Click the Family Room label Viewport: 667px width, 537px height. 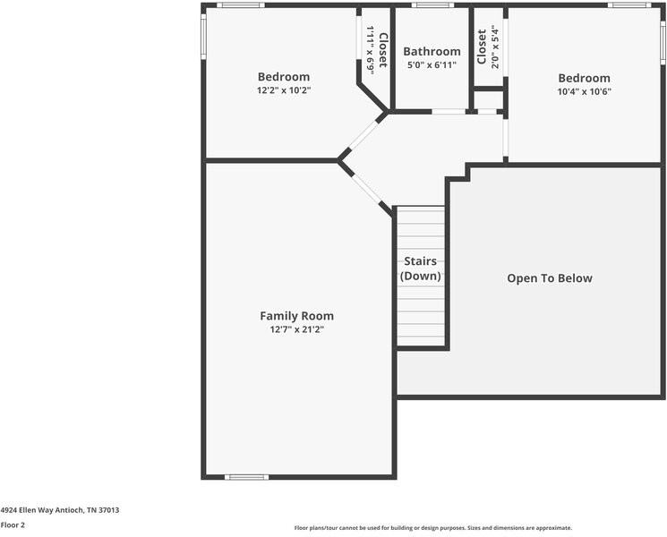click(296, 316)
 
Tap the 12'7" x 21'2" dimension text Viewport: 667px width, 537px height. click(296, 329)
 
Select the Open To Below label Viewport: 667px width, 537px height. click(549, 278)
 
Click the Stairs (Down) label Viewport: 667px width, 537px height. click(421, 268)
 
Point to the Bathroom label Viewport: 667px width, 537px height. click(432, 52)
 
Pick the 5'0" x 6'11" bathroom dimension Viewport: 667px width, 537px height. click(432, 65)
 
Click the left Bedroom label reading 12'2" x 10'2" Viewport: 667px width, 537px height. click(284, 77)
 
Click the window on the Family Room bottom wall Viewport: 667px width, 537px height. click(247, 477)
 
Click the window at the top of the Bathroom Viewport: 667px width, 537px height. click(432, 5)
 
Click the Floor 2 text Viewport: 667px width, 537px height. click(13, 525)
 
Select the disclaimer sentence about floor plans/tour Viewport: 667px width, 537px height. click(432, 528)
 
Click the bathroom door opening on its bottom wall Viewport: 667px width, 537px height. click(449, 112)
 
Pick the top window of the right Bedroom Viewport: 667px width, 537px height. click(629, 5)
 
